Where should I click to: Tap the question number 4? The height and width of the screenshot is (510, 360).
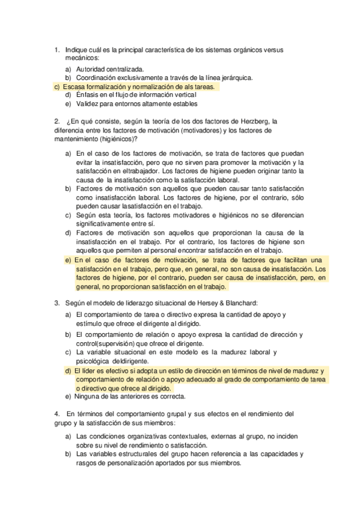tap(56, 414)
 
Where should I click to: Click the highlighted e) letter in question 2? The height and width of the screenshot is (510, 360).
tap(69, 260)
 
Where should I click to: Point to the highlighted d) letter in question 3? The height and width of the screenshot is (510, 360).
tap(69, 371)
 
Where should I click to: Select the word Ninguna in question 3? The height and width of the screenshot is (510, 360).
tap(90, 397)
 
